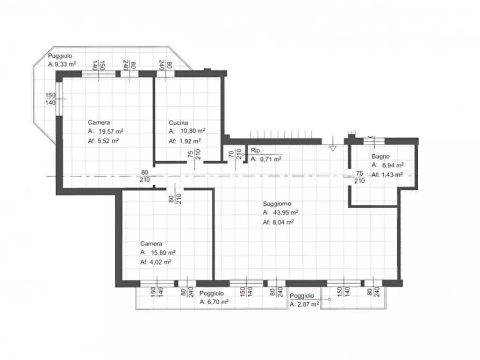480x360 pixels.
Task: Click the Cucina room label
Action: click(178, 123)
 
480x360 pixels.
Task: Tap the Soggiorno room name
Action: click(277, 204)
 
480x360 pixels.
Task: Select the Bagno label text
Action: click(381, 156)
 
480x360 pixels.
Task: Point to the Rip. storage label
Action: click(256, 150)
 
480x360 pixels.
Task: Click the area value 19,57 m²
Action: click(111, 131)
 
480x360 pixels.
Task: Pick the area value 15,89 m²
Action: click(163, 253)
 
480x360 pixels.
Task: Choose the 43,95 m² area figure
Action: click(285, 212)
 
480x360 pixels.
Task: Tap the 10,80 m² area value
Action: click(192, 131)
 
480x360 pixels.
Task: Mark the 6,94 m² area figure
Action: click(393, 165)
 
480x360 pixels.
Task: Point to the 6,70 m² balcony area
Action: click(218, 302)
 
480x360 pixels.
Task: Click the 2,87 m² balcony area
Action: click(308, 304)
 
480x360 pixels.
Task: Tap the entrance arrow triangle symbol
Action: click(333, 148)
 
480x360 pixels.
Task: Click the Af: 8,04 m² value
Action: click(278, 222)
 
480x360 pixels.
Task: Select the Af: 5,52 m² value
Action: click(103, 141)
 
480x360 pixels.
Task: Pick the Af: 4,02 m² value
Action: click(155, 262)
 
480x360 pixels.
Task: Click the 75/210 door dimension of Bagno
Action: click(360, 177)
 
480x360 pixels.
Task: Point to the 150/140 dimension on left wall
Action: click(51, 99)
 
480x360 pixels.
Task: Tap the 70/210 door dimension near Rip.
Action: click(235, 154)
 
